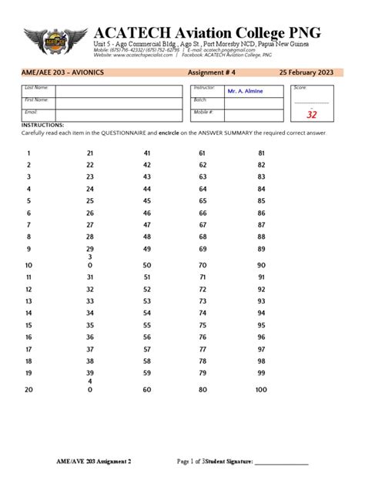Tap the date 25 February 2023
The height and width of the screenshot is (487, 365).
(x=312, y=72)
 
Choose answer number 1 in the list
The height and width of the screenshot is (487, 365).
(x=28, y=153)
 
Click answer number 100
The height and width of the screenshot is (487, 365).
(x=261, y=390)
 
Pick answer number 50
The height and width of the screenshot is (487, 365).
(x=147, y=264)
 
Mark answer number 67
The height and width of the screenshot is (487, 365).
(x=203, y=224)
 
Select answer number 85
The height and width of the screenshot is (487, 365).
(x=261, y=200)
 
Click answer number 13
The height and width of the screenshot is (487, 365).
(x=28, y=301)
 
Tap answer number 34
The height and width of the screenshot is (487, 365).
(x=89, y=313)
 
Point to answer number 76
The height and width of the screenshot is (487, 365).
(x=203, y=337)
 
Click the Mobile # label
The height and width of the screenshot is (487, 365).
(x=203, y=112)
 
